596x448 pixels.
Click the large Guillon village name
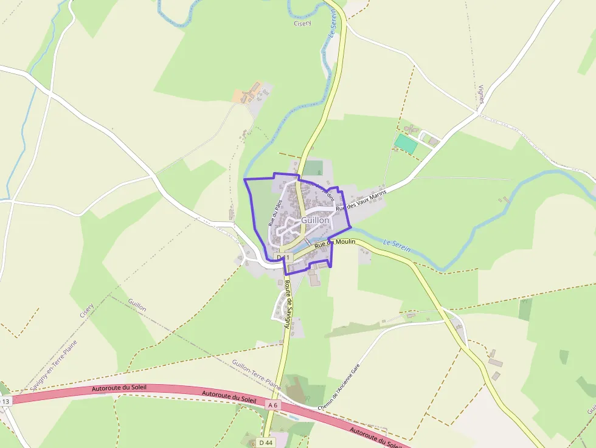pos(315,220)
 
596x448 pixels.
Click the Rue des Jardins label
pos(320,188)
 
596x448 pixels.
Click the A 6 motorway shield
pos(272,405)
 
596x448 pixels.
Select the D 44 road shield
pos(266,443)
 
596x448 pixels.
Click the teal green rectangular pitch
pos(406,143)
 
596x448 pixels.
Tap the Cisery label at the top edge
pos(302,23)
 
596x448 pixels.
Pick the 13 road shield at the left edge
pos(5,401)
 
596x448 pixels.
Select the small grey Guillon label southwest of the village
pos(137,305)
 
